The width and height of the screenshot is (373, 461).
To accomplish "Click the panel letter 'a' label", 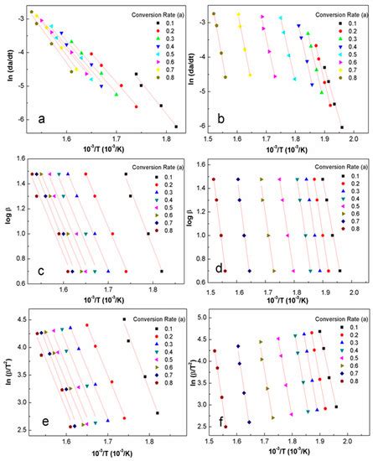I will (40, 119).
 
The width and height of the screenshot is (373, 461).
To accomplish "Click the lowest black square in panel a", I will (176, 127).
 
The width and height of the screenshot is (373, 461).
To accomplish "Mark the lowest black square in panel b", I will (341, 127).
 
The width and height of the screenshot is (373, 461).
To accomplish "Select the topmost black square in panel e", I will (124, 319).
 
